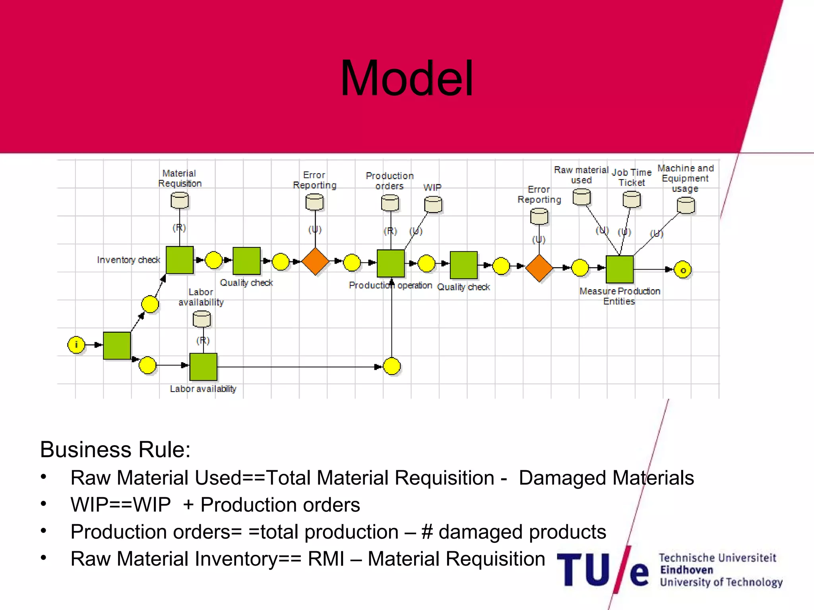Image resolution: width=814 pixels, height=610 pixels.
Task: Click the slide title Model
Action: (x=407, y=78)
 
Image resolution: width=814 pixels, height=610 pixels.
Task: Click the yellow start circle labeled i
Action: (x=76, y=345)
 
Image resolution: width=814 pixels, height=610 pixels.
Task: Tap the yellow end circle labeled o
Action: (x=683, y=270)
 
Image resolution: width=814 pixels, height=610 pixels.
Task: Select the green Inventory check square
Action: (x=180, y=260)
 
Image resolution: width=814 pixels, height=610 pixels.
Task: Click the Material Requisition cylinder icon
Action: (x=180, y=201)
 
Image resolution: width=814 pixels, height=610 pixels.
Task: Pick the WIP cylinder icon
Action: (x=433, y=205)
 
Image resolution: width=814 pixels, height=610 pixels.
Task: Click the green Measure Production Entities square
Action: (x=619, y=269)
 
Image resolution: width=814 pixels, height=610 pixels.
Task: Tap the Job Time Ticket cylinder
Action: (x=632, y=199)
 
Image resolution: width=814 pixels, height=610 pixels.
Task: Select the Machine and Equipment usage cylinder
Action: (x=686, y=206)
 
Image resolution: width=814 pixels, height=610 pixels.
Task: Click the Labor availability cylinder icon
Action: (x=202, y=319)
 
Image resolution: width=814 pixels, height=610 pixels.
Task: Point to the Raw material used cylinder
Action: (x=581, y=197)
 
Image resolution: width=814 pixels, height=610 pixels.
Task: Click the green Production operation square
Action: (x=391, y=263)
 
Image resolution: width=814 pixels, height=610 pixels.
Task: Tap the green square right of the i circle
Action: (x=117, y=346)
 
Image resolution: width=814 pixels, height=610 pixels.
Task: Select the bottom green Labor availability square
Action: (x=203, y=367)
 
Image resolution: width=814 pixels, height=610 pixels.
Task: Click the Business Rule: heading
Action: (x=115, y=450)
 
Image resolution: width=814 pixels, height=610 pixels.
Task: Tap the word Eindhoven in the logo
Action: (x=686, y=570)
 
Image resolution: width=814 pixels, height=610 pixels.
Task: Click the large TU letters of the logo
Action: (x=583, y=570)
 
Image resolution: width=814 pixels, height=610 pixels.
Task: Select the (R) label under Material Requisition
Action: (x=179, y=228)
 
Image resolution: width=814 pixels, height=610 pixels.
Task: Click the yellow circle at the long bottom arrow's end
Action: (x=392, y=366)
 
